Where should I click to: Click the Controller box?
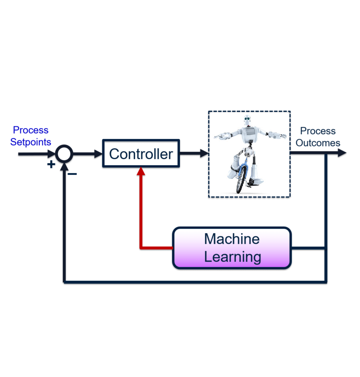(x=141, y=154)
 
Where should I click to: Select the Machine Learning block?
(x=232, y=248)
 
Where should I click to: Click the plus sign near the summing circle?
(x=51, y=164)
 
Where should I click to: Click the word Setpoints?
(x=31, y=142)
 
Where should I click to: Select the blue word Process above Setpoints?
(x=31, y=130)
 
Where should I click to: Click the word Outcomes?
(x=318, y=143)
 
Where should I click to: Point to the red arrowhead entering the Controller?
(x=141, y=171)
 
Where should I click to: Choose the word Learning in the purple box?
(x=232, y=257)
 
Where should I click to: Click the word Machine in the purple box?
(x=232, y=239)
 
